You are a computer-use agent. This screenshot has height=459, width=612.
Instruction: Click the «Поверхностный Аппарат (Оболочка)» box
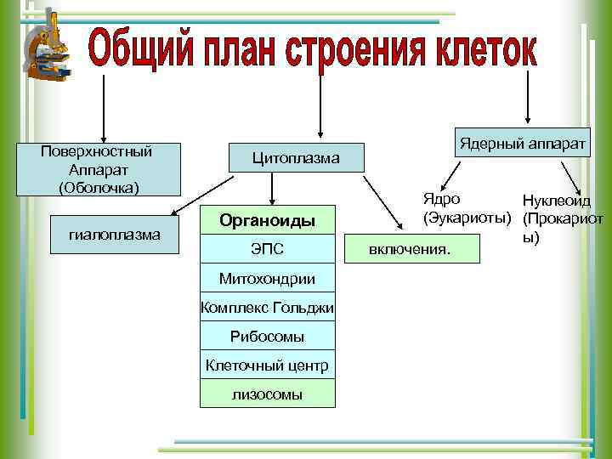click(x=97, y=169)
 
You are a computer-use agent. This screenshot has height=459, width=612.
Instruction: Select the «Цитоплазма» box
click(x=295, y=158)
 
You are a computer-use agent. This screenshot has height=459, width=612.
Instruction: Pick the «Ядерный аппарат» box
click(x=523, y=143)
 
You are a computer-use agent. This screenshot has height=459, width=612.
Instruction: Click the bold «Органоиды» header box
click(x=268, y=221)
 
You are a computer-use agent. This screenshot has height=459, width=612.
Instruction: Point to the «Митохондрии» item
click(x=268, y=279)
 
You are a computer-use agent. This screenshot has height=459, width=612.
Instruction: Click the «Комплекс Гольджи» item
click(x=268, y=308)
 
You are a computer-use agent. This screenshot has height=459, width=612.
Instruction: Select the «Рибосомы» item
click(x=268, y=337)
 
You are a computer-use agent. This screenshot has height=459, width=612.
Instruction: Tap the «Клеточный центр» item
click(x=268, y=365)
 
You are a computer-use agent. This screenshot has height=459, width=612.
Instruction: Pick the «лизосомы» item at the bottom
click(x=268, y=394)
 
